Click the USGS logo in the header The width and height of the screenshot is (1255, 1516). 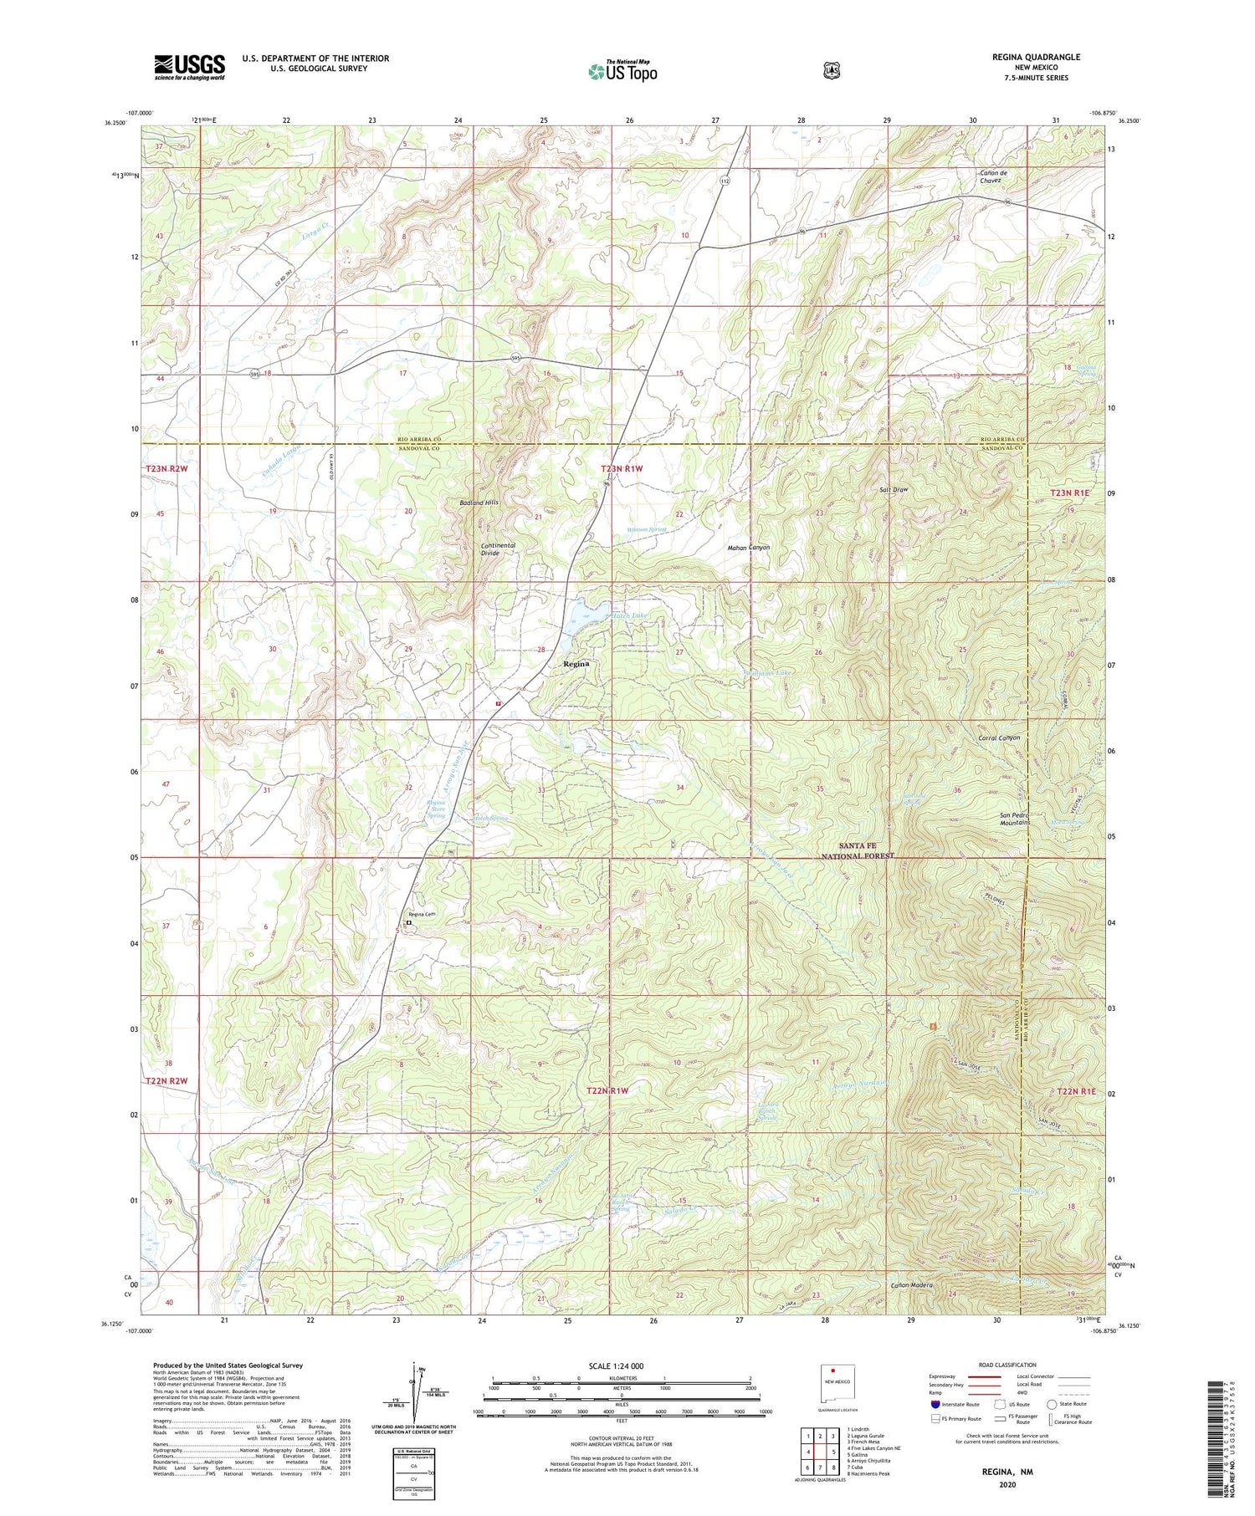(189, 67)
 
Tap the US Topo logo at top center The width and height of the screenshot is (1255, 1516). (622, 71)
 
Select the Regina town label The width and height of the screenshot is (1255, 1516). (576, 663)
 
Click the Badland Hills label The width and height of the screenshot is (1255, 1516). (479, 503)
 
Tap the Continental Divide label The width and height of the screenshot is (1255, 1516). (498, 549)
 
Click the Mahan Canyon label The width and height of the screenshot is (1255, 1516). (748, 548)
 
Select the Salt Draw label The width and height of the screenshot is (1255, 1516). (894, 489)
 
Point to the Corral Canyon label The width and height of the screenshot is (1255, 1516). (999, 738)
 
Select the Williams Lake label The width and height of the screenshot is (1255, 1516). (768, 672)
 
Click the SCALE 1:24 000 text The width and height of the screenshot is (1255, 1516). (622, 1365)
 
